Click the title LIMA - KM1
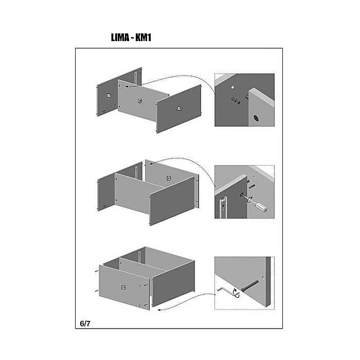tap(131, 38)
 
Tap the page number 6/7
tap(85, 323)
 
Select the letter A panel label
tap(179, 109)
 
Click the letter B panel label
tap(109, 96)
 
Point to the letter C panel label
tap(139, 101)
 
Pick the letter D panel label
tap(169, 178)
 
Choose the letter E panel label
tap(123, 287)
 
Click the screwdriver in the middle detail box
tap(256, 204)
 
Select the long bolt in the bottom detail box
tap(249, 286)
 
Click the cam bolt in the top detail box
tap(236, 100)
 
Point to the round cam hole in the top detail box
tap(256, 118)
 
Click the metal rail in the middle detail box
tap(223, 207)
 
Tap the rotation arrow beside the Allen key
tap(236, 293)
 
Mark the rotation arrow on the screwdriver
tap(249, 199)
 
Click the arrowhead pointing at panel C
tap(127, 86)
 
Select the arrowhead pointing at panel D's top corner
tap(151, 164)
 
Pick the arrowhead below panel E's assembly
tap(159, 310)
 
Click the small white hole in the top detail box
tap(233, 87)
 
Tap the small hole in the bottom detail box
tap(263, 278)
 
